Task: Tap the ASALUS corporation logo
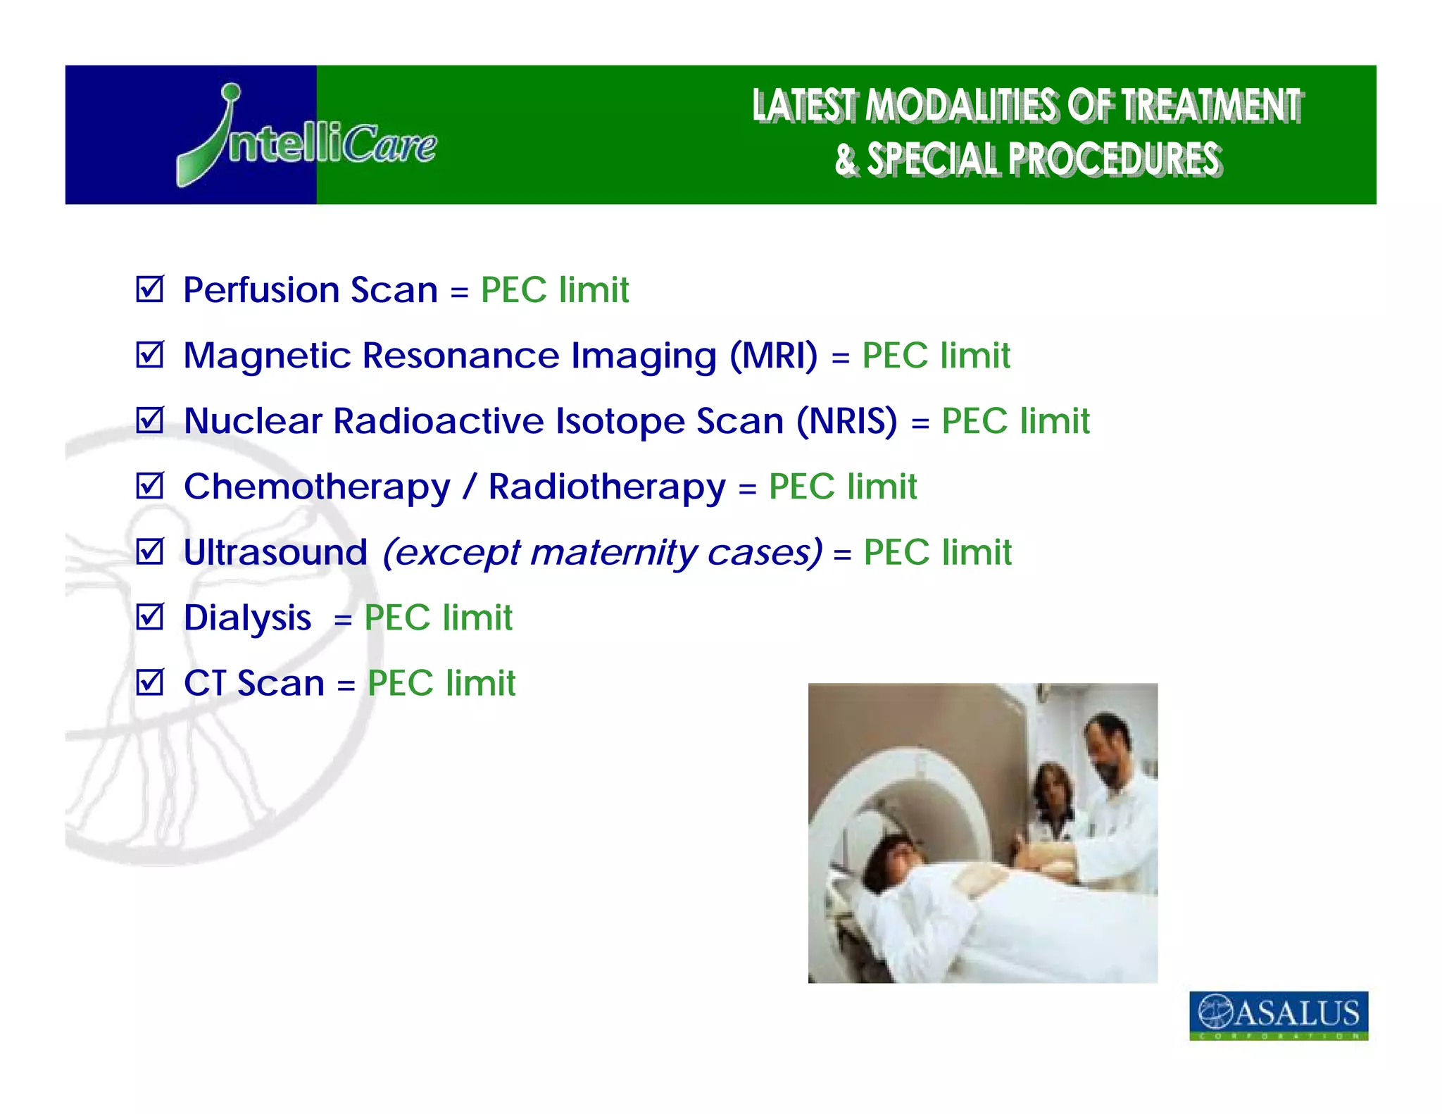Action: [x=1278, y=1015]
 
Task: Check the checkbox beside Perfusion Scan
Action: [x=150, y=289]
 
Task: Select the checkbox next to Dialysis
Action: [x=150, y=618]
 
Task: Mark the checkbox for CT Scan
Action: [x=150, y=682]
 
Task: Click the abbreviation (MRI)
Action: [x=774, y=356]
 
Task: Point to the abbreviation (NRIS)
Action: [x=847, y=421]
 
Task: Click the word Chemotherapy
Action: [x=317, y=487]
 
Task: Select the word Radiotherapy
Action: [x=607, y=487]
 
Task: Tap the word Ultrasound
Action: [x=275, y=552]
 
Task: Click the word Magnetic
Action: [x=267, y=356]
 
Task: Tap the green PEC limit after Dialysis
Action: [x=438, y=618]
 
